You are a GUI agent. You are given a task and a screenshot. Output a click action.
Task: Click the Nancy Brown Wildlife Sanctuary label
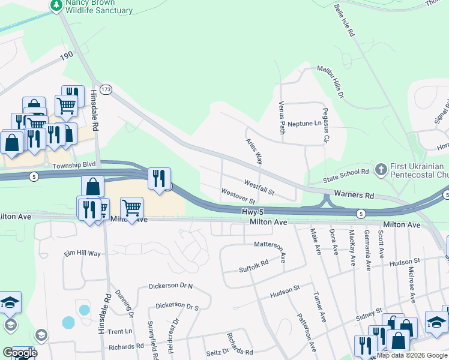99,7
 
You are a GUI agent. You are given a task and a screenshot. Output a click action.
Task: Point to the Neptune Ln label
304,124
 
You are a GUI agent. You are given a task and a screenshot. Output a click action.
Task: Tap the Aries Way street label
255,151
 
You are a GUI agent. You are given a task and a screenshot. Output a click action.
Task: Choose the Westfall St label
259,187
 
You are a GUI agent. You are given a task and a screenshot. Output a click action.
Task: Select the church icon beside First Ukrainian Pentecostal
380,170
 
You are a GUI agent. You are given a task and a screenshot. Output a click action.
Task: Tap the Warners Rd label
354,195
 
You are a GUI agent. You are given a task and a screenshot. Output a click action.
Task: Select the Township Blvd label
74,163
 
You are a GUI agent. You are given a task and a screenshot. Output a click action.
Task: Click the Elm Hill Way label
82,254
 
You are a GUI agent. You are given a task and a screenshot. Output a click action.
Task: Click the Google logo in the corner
20,352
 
